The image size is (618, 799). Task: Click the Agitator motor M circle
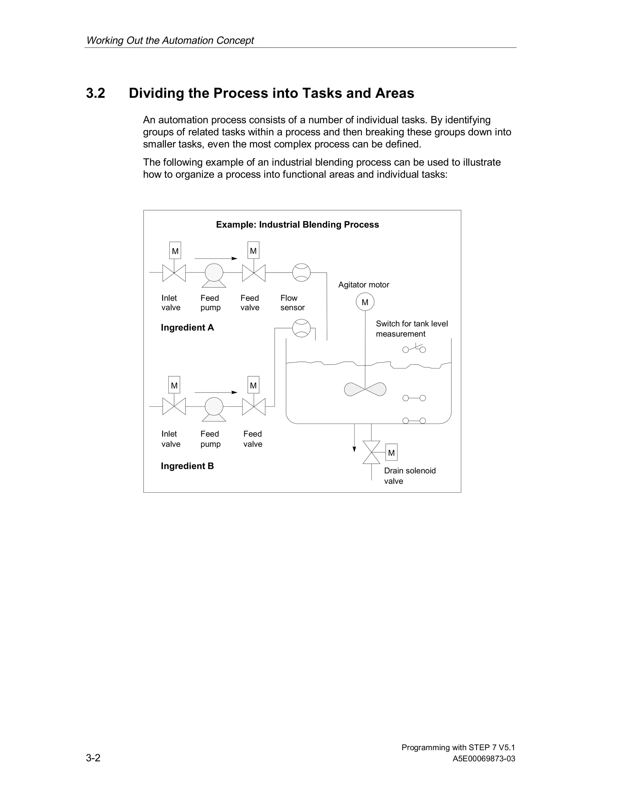tap(365, 302)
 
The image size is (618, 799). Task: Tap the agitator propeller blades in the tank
tap(365, 389)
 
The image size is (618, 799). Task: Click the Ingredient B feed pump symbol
tap(214, 407)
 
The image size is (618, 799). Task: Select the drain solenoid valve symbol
tap(371, 452)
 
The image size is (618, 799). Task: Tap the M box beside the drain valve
tap(391, 453)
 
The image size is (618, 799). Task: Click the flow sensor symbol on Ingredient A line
tap(301, 273)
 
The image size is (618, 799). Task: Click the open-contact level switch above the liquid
tap(414, 349)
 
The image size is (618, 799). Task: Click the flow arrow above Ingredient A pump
tap(216, 258)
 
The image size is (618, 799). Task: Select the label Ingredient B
tap(187, 466)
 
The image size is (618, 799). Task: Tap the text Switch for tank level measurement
tap(412, 329)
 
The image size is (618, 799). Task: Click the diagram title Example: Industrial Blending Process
tap(297, 225)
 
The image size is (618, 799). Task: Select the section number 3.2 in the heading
tap(96, 93)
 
